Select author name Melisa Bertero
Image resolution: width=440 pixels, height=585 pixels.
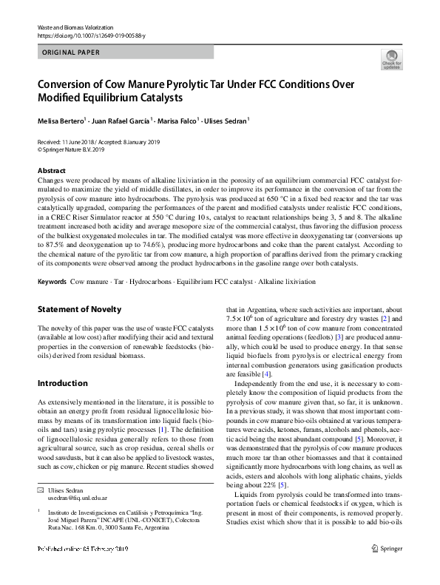point(61,120)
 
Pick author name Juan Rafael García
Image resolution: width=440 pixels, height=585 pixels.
point(120,120)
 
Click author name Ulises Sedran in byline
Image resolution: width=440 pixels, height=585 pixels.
point(226,120)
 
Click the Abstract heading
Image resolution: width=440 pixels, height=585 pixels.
point(52,170)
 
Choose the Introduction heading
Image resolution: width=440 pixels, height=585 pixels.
point(62,383)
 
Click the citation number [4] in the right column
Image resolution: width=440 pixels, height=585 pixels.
point(267,374)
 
